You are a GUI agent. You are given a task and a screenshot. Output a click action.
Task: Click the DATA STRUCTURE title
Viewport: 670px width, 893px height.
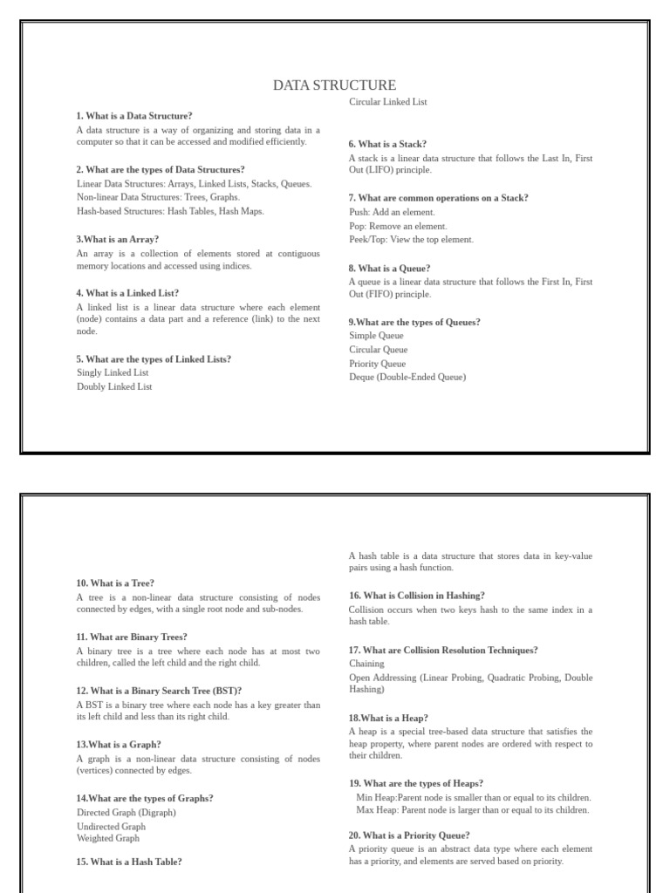[334, 85]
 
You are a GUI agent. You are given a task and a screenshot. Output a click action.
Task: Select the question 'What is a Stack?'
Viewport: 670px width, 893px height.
[387, 144]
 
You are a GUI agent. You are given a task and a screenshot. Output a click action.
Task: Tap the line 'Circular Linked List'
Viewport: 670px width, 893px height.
[387, 102]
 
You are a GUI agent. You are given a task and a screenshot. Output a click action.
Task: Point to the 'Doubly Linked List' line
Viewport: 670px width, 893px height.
[114, 386]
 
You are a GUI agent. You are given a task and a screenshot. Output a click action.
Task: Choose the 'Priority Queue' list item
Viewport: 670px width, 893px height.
[377, 364]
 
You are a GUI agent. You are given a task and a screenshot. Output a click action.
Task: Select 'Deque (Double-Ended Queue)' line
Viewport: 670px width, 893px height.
[407, 377]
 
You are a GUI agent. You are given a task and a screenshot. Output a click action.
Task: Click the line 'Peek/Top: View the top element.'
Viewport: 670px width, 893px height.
[411, 239]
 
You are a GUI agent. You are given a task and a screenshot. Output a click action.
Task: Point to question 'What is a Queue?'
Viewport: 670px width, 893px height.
[389, 269]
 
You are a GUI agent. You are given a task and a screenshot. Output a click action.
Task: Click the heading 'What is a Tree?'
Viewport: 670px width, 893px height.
[115, 583]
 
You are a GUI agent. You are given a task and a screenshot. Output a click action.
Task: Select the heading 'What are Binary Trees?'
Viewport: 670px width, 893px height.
[132, 637]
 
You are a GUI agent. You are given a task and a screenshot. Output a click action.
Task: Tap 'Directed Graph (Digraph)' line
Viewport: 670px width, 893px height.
[126, 812]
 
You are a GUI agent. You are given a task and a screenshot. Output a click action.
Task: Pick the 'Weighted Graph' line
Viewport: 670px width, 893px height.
[107, 838]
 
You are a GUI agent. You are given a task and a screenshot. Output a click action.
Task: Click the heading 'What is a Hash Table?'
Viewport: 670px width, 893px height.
[129, 862]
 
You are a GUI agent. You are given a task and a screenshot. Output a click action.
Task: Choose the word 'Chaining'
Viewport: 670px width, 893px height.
[366, 664]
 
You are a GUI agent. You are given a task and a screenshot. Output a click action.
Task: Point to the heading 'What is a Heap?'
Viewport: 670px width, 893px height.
[388, 718]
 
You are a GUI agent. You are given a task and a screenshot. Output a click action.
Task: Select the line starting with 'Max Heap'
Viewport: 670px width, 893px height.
[473, 810]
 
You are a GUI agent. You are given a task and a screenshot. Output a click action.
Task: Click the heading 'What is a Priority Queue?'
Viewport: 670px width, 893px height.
[409, 835]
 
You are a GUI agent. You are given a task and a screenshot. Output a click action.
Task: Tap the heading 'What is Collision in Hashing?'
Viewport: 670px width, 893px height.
[417, 596]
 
